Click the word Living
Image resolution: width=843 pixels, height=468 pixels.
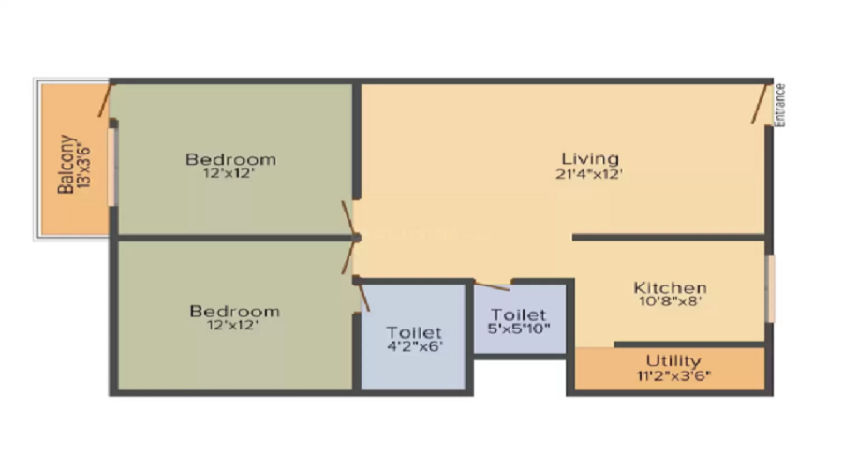[589, 157]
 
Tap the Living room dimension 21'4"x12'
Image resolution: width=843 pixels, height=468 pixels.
[589, 173]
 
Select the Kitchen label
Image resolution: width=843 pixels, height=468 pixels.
[670, 287]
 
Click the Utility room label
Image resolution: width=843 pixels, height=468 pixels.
[673, 361]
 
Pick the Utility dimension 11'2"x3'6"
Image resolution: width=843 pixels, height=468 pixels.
[673, 377]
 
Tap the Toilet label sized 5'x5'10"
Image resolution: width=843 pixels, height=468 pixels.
[518, 315]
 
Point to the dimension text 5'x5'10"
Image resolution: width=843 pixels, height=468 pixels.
[518, 329]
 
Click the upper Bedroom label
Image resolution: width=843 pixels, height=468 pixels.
[230, 158]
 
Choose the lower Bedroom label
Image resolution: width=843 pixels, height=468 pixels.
[234, 311]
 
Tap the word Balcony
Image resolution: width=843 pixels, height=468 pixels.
[67, 165]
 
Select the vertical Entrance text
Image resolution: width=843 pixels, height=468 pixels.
[779, 104]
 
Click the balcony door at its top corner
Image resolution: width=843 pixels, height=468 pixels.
[106, 99]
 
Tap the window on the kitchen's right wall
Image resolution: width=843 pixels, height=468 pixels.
[771, 287]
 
